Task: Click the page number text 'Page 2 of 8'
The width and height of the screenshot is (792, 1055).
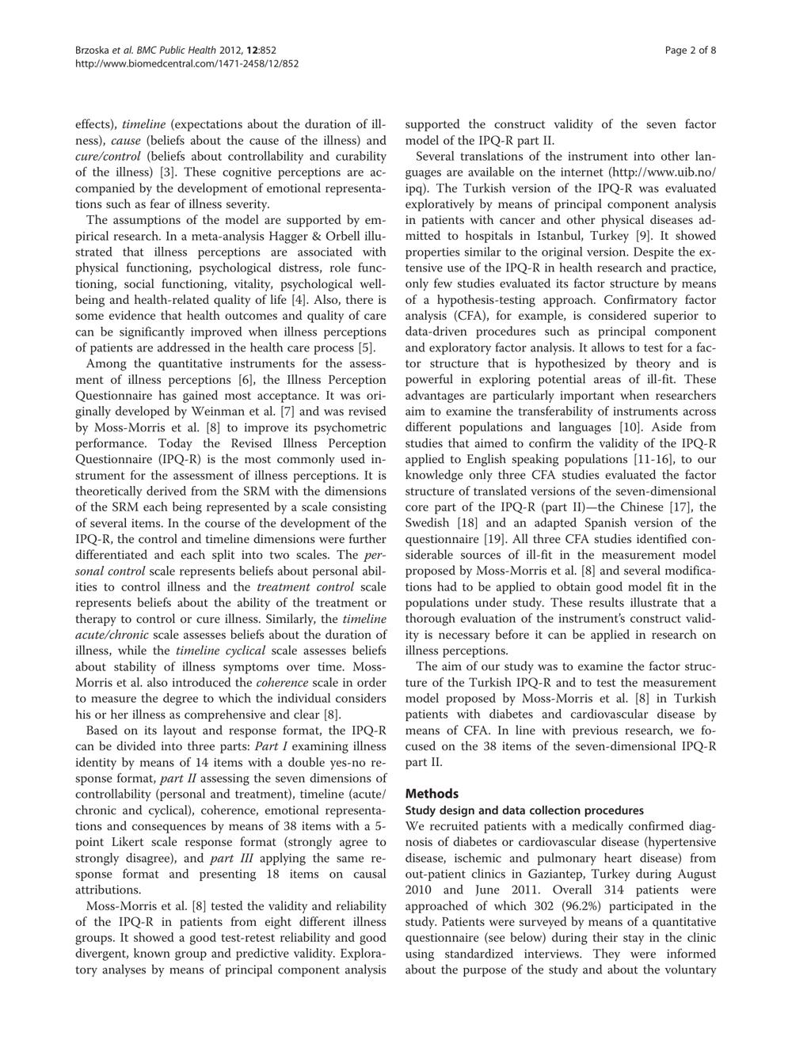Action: [x=691, y=51]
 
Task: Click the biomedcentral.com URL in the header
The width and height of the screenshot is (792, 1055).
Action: [x=186, y=63]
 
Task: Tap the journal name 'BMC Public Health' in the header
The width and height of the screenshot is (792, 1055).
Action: [x=164, y=51]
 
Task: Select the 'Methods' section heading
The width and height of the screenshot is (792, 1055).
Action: [x=432, y=793]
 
